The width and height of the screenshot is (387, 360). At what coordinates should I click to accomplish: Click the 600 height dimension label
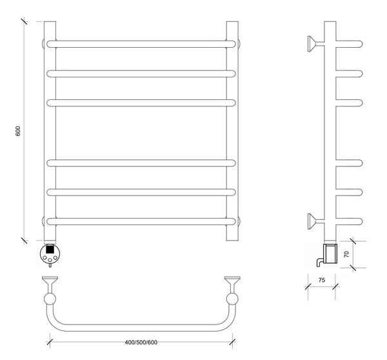tap(18, 131)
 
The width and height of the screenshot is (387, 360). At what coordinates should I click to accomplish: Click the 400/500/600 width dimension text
tap(141, 342)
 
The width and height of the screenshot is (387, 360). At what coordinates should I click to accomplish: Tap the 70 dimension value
tap(346, 254)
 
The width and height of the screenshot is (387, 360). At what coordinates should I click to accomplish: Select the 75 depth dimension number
tap(322, 280)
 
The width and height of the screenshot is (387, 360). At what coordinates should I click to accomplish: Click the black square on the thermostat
tap(50, 249)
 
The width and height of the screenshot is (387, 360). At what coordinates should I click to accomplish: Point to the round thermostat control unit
tap(50, 254)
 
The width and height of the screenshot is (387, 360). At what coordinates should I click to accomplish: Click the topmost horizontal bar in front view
tap(141, 44)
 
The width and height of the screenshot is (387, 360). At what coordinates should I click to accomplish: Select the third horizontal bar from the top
tap(141, 103)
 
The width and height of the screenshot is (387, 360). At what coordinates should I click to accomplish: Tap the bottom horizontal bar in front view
tap(141, 221)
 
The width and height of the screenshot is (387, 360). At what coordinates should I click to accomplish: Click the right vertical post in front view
tap(232, 131)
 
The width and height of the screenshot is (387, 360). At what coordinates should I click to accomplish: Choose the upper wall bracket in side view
tap(315, 44)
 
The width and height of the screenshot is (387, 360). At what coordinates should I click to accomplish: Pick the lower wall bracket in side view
tap(315, 221)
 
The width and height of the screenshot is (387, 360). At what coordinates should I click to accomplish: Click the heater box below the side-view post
tap(330, 254)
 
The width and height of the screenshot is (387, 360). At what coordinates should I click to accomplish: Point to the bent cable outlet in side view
tap(319, 262)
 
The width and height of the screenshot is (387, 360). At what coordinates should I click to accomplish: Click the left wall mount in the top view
tap(50, 285)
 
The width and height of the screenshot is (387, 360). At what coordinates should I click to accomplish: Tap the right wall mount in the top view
tap(232, 285)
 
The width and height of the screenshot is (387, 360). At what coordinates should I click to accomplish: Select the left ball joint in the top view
tap(50, 299)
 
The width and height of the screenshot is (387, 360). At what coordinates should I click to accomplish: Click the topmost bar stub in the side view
tap(349, 44)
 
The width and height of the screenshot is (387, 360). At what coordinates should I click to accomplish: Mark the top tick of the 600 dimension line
tap(24, 21)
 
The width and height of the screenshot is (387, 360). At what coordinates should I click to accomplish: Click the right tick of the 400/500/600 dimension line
tap(232, 342)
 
